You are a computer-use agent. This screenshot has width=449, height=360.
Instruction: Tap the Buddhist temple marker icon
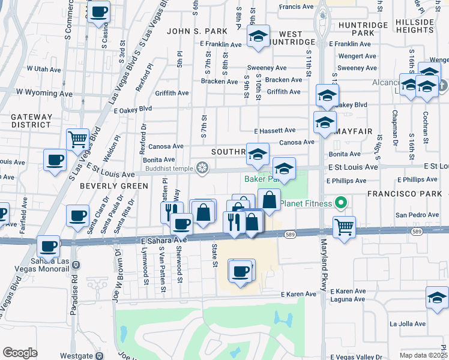(x=203, y=168)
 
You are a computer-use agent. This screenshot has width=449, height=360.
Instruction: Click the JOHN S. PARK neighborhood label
(x=197, y=31)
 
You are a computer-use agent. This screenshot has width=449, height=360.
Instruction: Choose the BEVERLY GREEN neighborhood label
(x=113, y=186)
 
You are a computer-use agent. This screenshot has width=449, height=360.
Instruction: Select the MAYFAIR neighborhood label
(x=353, y=130)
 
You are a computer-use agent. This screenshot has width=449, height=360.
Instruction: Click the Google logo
(x=20, y=353)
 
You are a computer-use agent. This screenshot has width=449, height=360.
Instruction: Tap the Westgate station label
(x=76, y=355)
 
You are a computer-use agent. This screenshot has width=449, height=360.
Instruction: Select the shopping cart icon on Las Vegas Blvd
(x=77, y=140)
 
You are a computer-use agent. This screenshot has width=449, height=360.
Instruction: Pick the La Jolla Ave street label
(x=407, y=323)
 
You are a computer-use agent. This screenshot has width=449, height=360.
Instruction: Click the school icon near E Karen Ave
(x=437, y=297)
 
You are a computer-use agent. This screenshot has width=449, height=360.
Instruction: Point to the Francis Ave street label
(x=297, y=7)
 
